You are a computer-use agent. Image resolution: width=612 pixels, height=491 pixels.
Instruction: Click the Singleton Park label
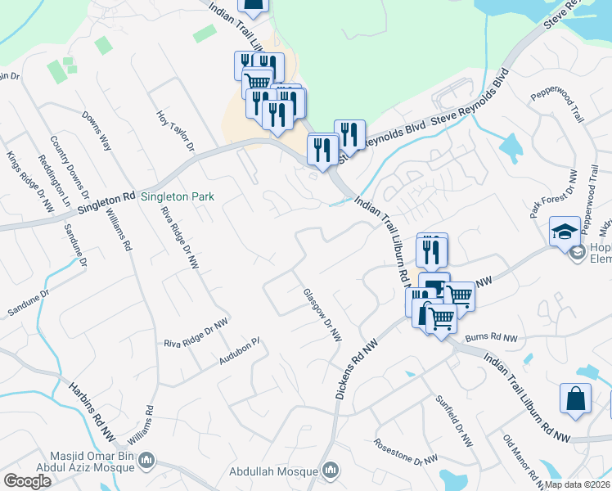(178, 196)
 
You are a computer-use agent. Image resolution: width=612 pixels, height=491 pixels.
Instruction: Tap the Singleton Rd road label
(106, 204)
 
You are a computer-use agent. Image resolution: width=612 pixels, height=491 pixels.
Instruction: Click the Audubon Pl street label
(239, 352)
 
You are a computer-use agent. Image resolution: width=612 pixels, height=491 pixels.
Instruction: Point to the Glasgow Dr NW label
(322, 315)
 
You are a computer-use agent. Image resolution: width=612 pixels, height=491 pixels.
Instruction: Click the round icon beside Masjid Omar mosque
(146, 461)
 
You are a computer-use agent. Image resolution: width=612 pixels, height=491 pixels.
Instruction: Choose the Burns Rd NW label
(492, 337)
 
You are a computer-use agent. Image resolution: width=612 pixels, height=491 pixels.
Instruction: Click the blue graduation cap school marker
(565, 230)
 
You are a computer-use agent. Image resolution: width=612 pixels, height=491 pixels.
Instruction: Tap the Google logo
(27, 481)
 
